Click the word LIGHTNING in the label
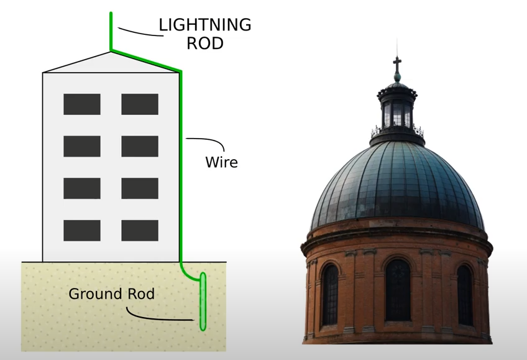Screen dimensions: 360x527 click(204, 25)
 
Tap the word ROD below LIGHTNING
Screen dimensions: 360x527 click(204, 44)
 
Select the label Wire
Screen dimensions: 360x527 click(221, 163)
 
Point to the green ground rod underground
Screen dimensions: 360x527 click(203, 302)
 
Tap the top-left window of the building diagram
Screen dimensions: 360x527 click(81, 104)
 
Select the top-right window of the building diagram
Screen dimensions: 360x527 click(139, 104)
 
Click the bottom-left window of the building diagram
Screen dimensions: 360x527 click(81, 230)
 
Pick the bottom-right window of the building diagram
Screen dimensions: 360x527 click(139, 230)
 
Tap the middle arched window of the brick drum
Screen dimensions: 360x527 click(398, 290)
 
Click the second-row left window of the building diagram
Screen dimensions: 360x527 click(81, 146)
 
